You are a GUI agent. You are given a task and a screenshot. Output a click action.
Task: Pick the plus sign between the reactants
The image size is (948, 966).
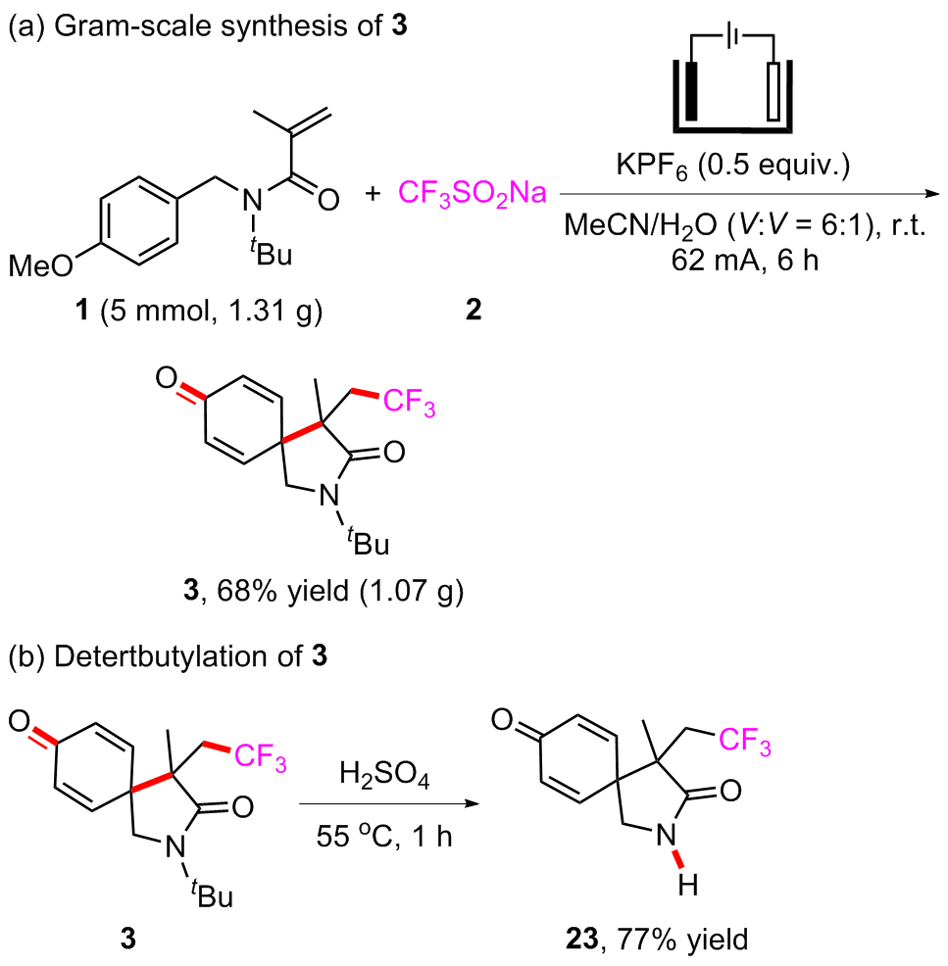(x=374, y=194)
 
